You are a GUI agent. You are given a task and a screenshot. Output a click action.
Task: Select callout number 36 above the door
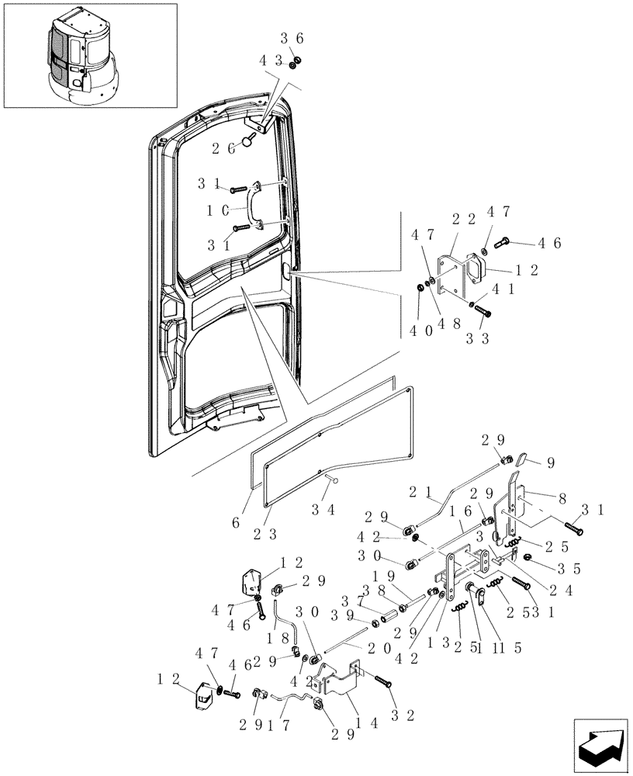[x=292, y=38]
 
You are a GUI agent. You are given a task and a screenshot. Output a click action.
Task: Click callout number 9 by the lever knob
[x=550, y=464]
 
